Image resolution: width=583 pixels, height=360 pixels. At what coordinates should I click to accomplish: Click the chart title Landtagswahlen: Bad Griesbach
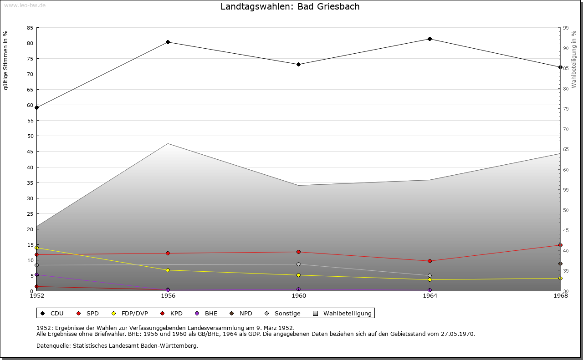click(290, 7)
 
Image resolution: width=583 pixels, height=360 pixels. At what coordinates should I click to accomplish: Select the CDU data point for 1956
click(168, 42)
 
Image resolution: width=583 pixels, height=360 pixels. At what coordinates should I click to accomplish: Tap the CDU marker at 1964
click(430, 39)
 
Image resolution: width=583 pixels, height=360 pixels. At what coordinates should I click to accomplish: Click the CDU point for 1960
click(298, 65)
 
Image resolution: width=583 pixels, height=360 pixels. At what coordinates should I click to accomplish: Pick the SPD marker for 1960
click(298, 252)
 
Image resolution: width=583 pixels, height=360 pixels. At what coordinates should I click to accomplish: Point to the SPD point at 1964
click(430, 261)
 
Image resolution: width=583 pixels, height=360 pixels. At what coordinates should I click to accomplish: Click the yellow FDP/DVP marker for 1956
click(168, 270)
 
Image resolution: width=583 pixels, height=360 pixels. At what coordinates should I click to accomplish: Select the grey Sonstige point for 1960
click(298, 264)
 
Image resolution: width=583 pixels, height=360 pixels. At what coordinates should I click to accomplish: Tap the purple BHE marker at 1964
click(430, 290)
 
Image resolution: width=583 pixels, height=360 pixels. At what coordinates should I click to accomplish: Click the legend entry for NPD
click(241, 314)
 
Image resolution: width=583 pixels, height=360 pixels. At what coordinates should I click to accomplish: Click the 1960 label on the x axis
click(299, 296)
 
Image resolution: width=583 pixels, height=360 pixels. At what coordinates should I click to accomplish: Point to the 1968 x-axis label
click(560, 296)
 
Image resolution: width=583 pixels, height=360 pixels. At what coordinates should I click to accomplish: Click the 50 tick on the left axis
click(30, 136)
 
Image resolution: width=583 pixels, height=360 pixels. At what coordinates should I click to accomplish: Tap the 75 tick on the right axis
click(566, 109)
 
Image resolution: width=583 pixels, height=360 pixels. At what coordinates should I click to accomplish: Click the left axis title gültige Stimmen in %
click(6, 60)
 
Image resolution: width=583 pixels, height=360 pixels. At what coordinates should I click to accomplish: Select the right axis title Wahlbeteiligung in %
click(574, 59)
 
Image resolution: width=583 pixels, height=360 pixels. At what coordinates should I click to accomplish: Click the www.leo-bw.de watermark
click(25, 5)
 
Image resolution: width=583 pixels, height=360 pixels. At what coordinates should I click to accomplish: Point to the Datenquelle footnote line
click(117, 346)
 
